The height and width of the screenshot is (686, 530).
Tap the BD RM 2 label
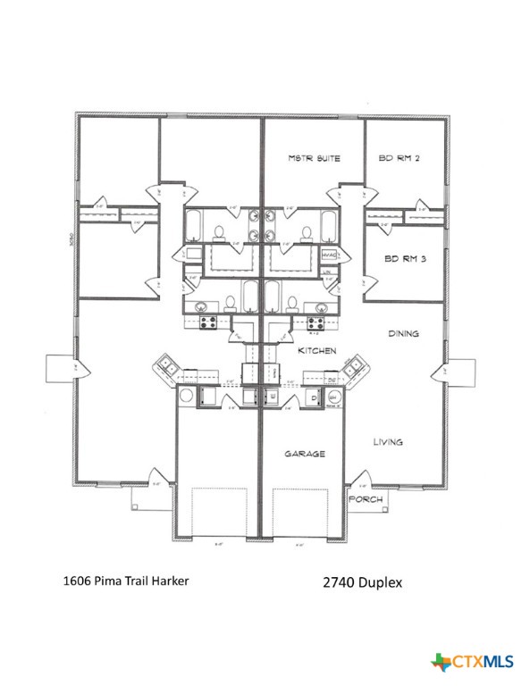(399, 158)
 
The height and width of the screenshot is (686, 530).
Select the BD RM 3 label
(404, 259)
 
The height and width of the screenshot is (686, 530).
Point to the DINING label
(403, 333)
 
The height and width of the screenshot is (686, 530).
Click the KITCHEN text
(316, 351)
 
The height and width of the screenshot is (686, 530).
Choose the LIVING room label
(388, 441)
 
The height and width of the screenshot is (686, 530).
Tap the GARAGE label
(305, 454)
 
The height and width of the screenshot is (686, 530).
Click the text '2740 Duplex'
(362, 582)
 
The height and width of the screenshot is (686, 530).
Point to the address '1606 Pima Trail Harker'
(126, 581)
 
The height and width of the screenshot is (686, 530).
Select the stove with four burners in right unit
(315, 321)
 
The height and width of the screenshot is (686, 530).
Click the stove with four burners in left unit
(207, 321)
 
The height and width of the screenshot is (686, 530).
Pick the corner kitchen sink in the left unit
(167, 365)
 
